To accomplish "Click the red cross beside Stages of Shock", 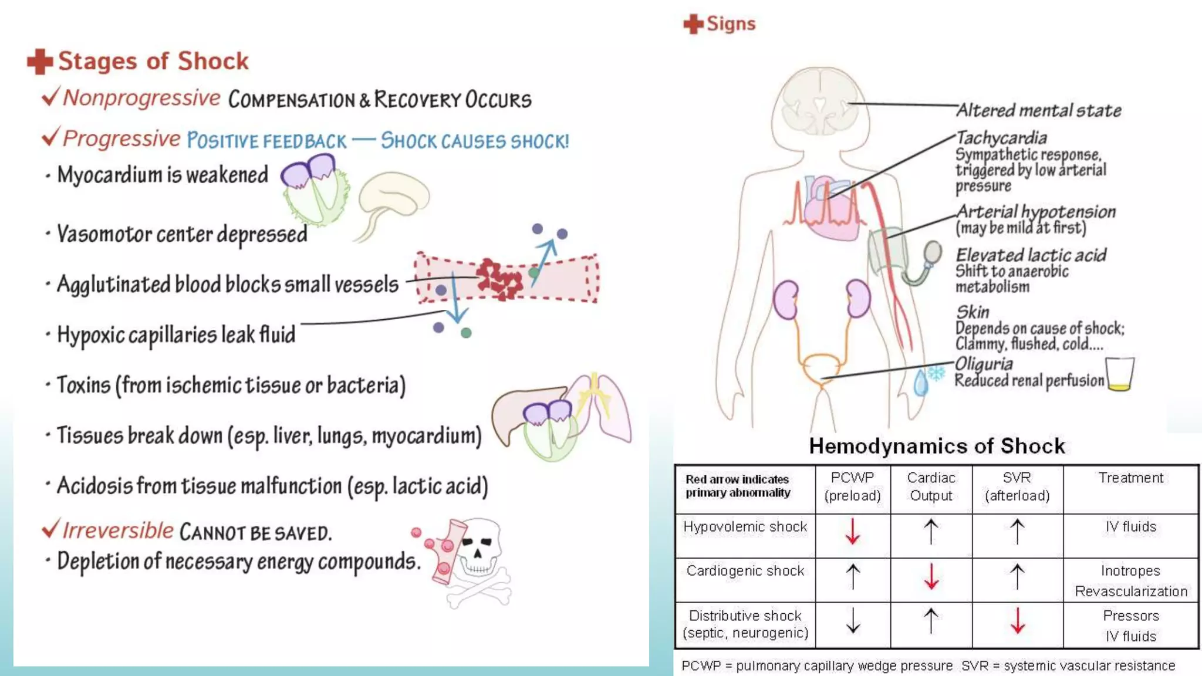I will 40,62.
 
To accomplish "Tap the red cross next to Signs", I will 693,24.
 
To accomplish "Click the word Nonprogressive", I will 141,98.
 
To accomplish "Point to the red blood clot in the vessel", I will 499,278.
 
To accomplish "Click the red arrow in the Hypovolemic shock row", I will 852,531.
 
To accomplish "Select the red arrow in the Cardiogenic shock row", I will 931,576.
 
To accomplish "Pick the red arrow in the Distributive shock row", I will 1017,620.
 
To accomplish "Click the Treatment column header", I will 1130,478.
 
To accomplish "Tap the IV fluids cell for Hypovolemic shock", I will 1130,526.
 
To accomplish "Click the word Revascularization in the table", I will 1130,591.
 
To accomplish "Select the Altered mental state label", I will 1038,110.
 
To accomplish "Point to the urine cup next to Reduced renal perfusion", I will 1119,374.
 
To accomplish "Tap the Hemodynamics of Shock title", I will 937,446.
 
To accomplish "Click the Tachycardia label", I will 1001,138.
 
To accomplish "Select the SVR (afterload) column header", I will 1017,486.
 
